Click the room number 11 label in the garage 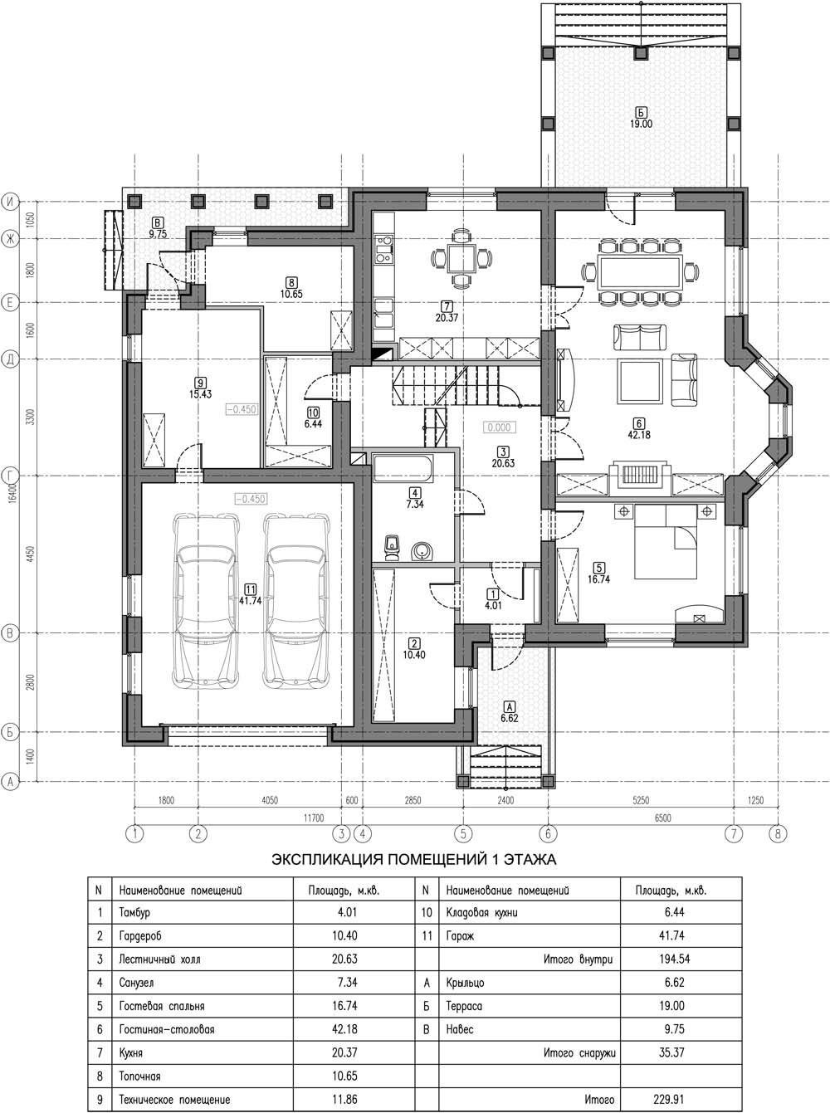pyautogui.click(x=250, y=589)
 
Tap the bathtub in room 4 pyautogui.click(x=403, y=469)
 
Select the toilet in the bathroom pyautogui.click(x=393, y=547)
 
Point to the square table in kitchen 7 pyautogui.click(x=461, y=259)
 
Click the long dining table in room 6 pyautogui.click(x=639, y=272)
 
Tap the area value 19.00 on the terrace pyautogui.click(x=641, y=124)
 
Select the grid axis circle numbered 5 pyautogui.click(x=463, y=833)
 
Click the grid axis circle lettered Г pyautogui.click(x=10, y=476)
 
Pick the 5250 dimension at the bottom pyautogui.click(x=641, y=801)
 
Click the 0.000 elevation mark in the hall pyautogui.click(x=499, y=427)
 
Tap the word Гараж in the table pyautogui.click(x=461, y=935)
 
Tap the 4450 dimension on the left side pyautogui.click(x=31, y=554)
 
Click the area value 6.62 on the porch pyautogui.click(x=509, y=718)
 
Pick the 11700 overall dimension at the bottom pyautogui.click(x=314, y=818)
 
